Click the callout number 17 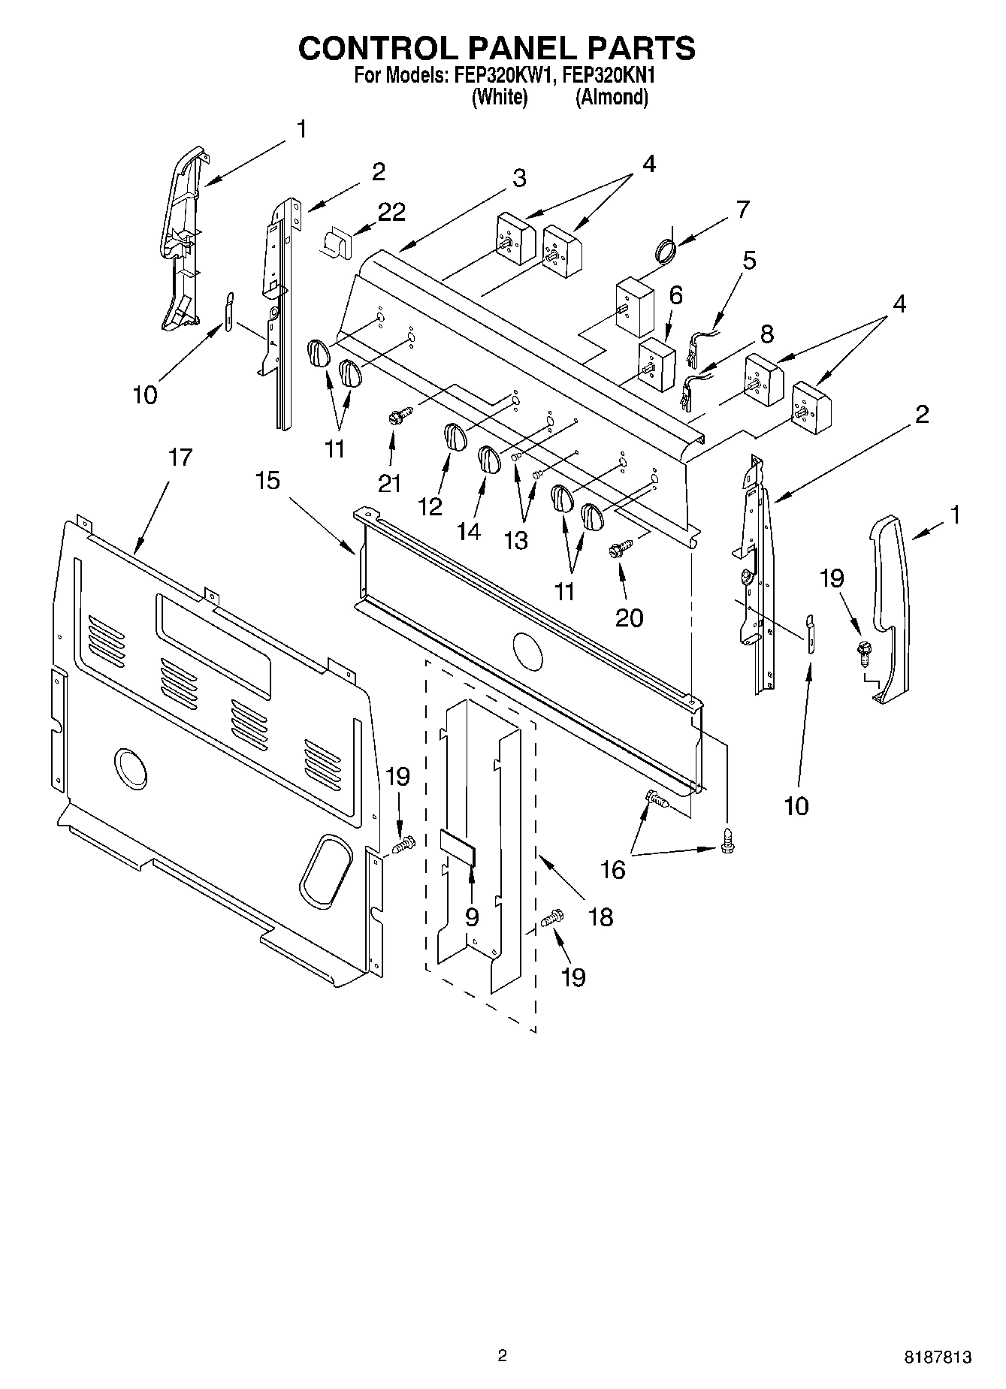tap(180, 457)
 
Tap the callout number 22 tap(391, 213)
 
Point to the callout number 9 tap(472, 917)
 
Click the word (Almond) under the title tap(612, 97)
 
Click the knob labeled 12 tap(453, 437)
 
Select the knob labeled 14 tap(488, 459)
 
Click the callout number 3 tap(519, 179)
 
